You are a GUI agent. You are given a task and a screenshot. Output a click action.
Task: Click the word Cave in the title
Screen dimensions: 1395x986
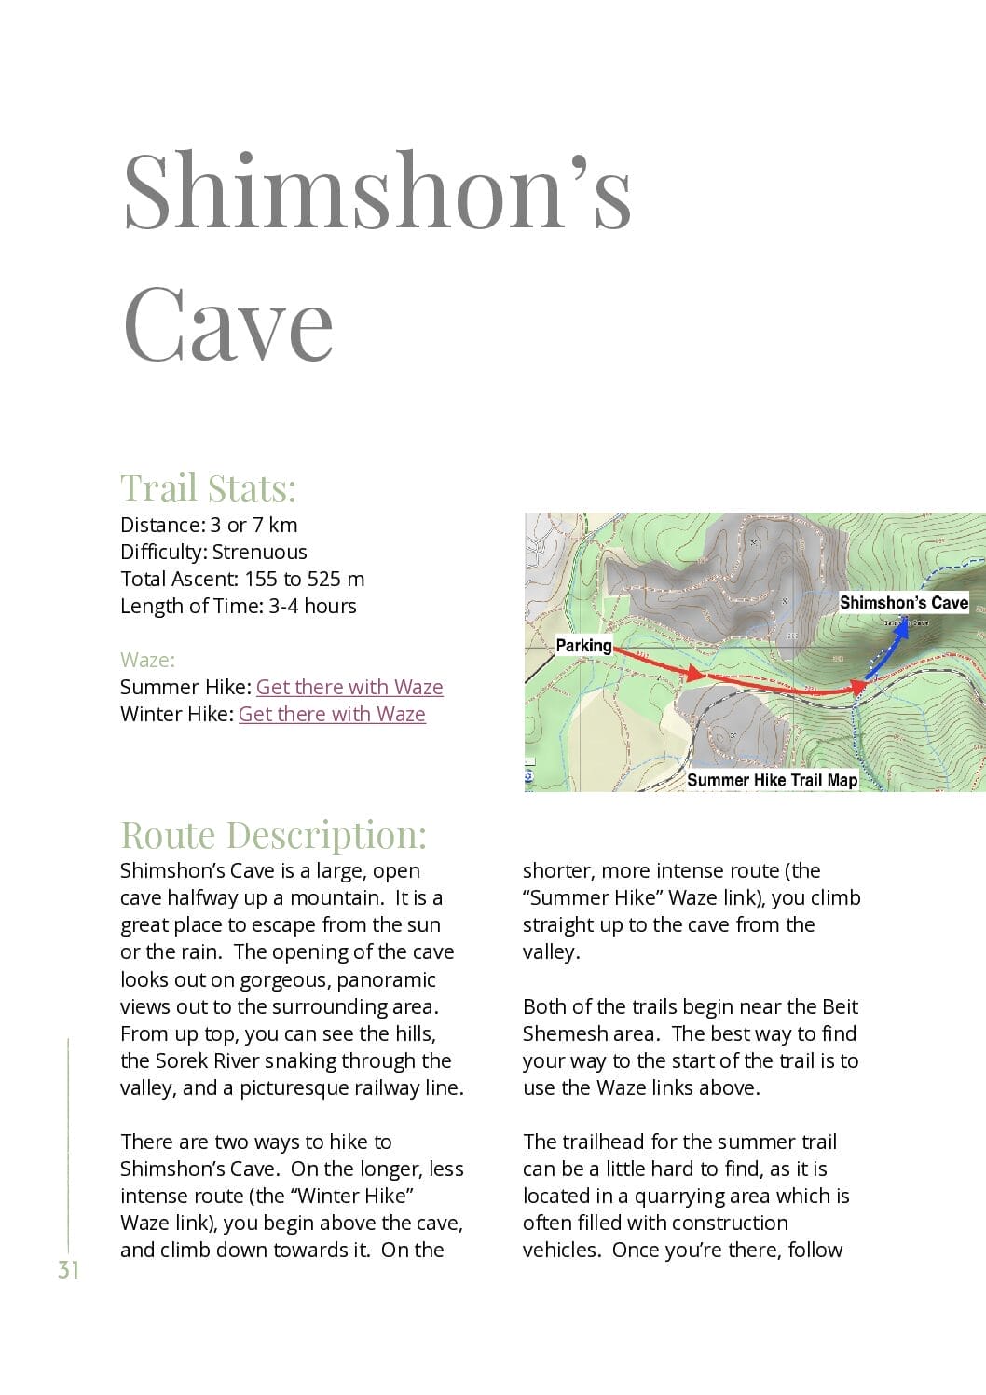tap(227, 323)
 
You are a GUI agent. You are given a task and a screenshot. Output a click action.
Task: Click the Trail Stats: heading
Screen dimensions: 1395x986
tap(208, 488)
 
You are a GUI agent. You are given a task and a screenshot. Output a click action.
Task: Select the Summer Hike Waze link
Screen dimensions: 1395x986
tap(349, 687)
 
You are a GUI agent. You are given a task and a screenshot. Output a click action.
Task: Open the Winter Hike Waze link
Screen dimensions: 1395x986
tap(332, 714)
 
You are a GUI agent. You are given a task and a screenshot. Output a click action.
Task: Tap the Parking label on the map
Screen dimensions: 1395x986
tap(583, 645)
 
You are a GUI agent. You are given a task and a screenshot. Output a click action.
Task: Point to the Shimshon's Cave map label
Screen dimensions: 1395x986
tap(903, 602)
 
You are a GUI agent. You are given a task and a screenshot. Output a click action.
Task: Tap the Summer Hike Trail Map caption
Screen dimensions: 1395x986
tap(772, 780)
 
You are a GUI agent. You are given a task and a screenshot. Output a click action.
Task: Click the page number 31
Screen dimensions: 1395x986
tap(68, 1270)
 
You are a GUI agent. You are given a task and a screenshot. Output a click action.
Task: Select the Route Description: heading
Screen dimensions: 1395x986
tap(273, 835)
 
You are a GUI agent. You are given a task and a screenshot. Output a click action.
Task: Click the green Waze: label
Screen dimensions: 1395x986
tap(147, 660)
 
